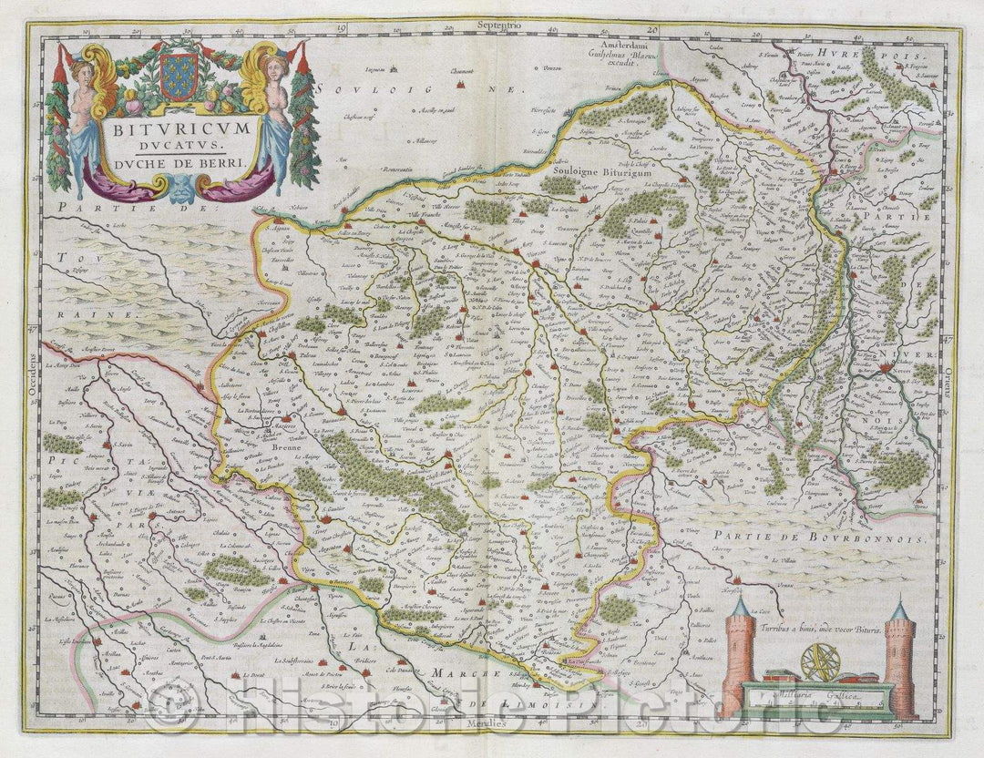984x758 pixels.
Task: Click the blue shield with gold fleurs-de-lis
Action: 179,77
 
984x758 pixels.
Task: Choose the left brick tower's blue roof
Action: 740,606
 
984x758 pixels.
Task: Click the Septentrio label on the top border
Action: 490,27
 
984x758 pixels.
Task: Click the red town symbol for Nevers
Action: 887,369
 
